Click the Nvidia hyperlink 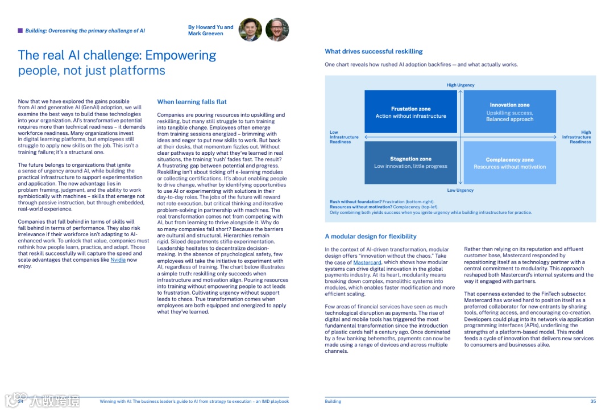(118, 260)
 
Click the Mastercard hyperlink (367, 262)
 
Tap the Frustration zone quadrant (410, 112)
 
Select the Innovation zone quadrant (509, 112)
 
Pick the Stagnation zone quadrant (410, 163)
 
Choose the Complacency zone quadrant (509, 163)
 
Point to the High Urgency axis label (460, 85)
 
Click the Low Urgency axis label (460, 190)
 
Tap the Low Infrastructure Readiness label (344, 137)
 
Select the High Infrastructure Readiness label (576, 137)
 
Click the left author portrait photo (251, 30)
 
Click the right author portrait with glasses (277, 30)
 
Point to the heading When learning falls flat (192, 102)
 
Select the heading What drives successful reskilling (374, 52)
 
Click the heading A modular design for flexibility (371, 236)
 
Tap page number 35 (593, 401)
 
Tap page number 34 (20, 401)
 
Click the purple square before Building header (20, 31)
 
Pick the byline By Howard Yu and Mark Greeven (210, 30)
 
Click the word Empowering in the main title (181, 55)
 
